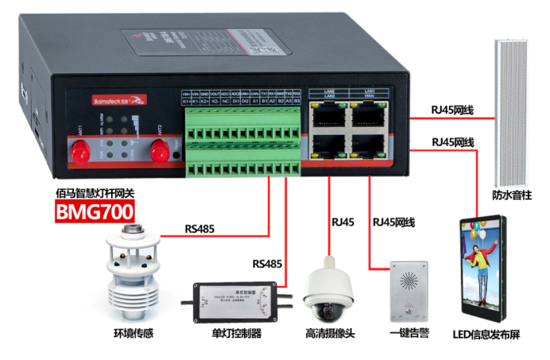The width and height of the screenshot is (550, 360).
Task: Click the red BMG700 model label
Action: click(x=94, y=212)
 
